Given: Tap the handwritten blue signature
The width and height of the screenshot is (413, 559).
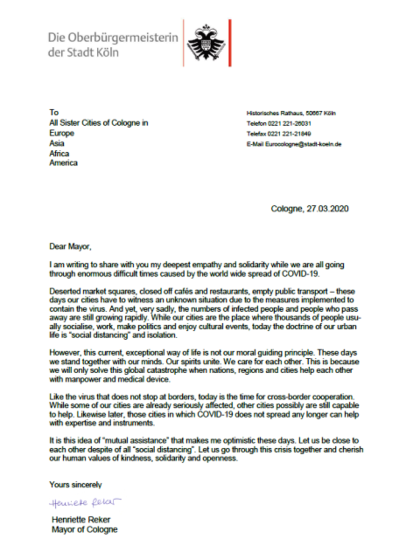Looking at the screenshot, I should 85,503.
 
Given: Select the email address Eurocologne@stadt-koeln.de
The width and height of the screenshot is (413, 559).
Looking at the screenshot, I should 303,144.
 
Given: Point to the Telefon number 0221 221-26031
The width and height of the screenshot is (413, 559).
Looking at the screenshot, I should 289,123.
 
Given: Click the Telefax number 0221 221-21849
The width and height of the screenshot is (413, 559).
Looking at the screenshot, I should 289,134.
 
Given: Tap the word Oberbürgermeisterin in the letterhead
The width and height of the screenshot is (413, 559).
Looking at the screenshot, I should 123,37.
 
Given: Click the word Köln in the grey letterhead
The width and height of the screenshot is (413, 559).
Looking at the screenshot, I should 107,52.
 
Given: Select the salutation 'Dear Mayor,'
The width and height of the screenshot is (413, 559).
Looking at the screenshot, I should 70,246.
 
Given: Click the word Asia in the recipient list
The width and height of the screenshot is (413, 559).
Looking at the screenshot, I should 57,143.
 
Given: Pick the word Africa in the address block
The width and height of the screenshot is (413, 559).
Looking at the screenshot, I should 59,153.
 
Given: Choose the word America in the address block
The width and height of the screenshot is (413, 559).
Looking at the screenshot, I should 63,163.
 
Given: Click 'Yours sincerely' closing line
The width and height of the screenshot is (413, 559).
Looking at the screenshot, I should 75,484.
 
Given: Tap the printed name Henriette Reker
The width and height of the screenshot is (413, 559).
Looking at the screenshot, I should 81,520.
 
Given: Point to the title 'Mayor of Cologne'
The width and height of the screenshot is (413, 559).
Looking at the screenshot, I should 84,530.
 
